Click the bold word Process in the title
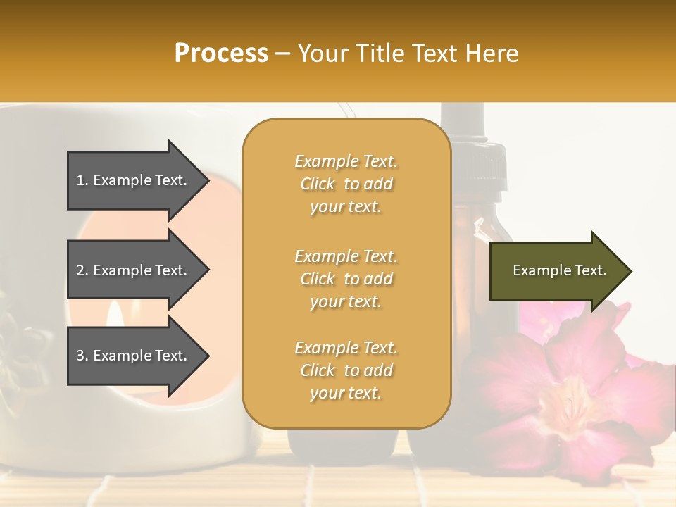(221, 54)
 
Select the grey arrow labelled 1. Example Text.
(134, 180)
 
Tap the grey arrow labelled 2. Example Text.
(134, 270)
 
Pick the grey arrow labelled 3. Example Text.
(134, 356)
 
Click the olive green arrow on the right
(556, 271)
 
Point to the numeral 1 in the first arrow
(80, 180)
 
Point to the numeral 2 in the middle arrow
(80, 270)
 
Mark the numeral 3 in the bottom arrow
(80, 356)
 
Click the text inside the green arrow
(560, 270)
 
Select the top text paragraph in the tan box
(346, 184)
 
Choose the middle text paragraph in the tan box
(346, 279)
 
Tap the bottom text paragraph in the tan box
(346, 370)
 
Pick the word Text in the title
(434, 54)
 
